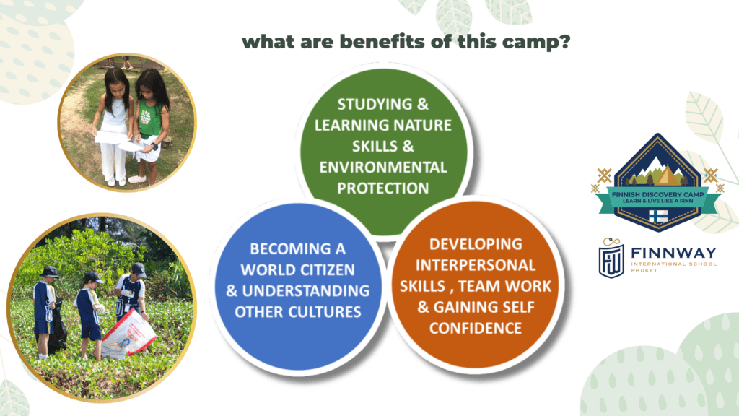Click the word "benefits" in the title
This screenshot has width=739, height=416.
pyautogui.click(x=382, y=41)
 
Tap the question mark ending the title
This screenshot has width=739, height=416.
pyautogui.click(x=564, y=41)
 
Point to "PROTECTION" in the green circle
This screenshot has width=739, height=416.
pyautogui.click(x=382, y=188)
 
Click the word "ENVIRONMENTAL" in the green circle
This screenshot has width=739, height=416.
pyautogui.click(x=382, y=167)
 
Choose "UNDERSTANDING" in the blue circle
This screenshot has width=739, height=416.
pyautogui.click(x=305, y=290)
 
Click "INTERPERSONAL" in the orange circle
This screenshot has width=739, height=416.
pyautogui.click(x=475, y=264)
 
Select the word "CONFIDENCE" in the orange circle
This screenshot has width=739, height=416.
pyautogui.click(x=475, y=328)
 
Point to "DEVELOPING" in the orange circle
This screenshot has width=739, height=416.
pyautogui.click(x=476, y=244)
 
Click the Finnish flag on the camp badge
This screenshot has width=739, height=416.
pyautogui.click(x=658, y=216)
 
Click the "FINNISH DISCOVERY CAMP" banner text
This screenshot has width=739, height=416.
pyautogui.click(x=658, y=194)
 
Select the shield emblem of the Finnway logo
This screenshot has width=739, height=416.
pyautogui.click(x=611, y=260)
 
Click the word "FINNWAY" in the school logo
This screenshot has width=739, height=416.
pyautogui.click(x=673, y=253)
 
